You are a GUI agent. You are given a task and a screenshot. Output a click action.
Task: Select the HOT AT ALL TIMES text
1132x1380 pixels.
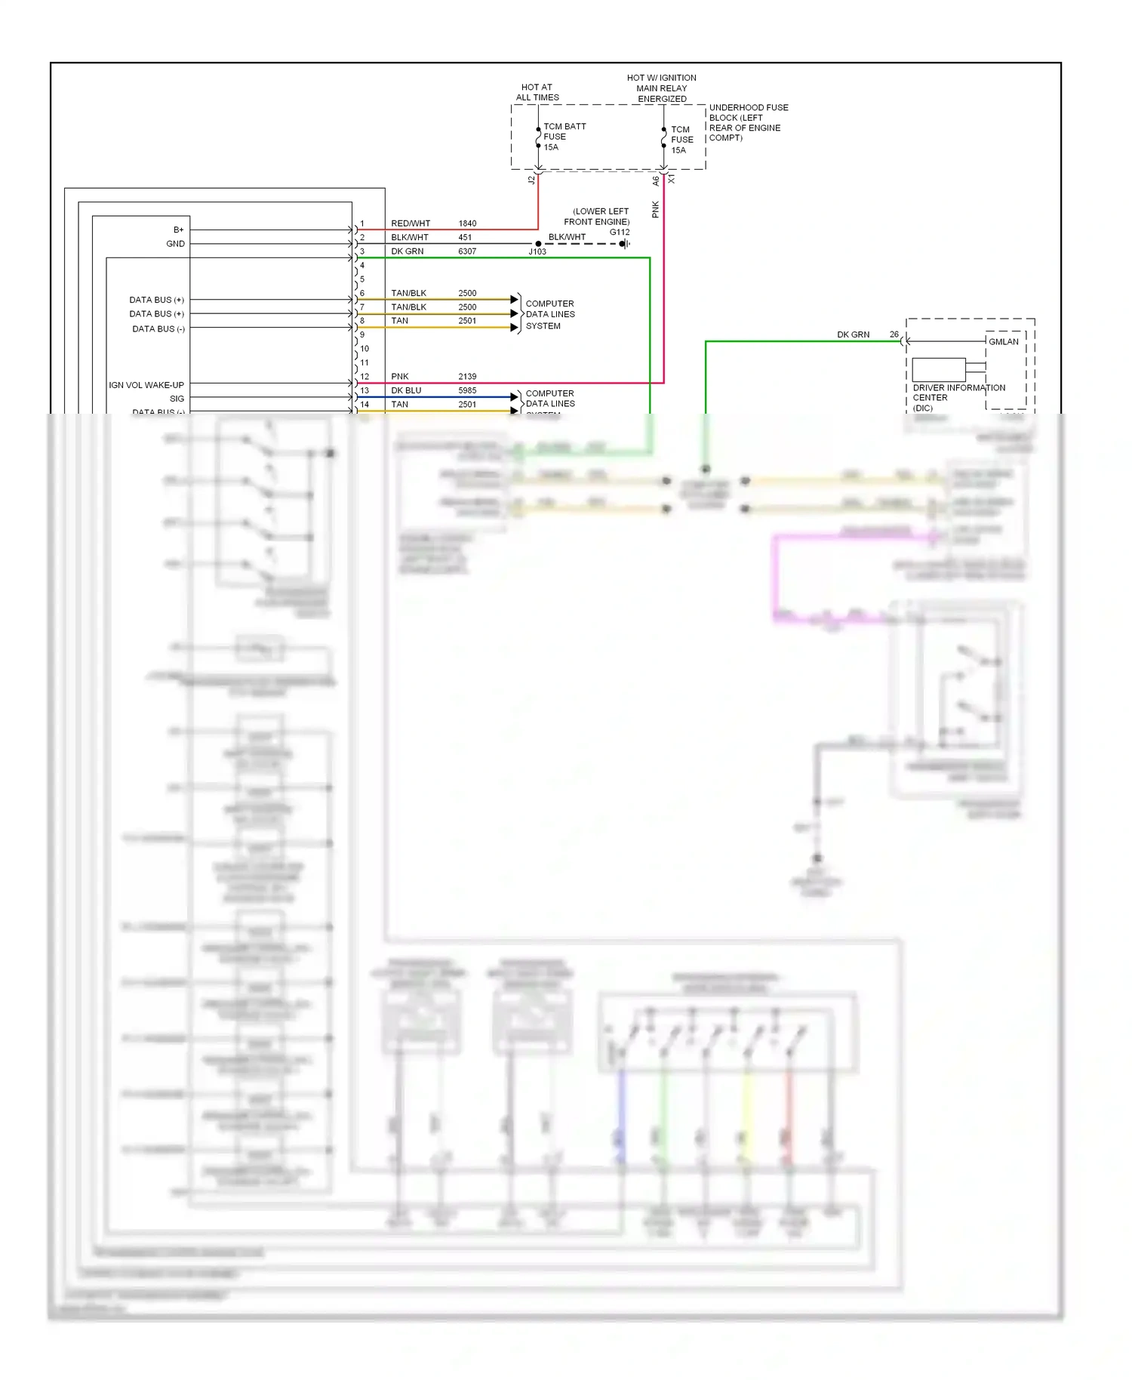point(537,92)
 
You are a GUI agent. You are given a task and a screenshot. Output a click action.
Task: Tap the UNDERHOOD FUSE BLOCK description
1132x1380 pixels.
point(747,122)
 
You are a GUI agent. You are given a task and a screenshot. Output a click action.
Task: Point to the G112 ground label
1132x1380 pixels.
point(620,232)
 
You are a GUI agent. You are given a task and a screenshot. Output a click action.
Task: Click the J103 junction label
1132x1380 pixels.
point(537,251)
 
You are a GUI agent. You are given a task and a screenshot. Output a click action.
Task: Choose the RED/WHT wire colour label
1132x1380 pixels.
point(411,223)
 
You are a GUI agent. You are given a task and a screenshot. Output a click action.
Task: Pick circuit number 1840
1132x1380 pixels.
point(467,223)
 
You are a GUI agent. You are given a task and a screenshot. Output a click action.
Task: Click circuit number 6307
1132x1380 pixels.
point(467,251)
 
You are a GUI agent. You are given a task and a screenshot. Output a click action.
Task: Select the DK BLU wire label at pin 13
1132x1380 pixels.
point(406,390)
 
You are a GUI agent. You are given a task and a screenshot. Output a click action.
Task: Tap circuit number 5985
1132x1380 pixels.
point(467,390)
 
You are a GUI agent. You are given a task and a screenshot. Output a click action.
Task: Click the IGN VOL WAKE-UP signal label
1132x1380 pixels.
point(146,385)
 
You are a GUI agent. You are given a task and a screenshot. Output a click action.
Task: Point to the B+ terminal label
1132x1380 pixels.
point(178,229)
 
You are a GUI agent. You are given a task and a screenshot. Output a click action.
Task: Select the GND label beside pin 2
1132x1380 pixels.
point(175,244)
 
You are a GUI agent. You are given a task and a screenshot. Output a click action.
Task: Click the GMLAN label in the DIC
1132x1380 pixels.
point(1004,342)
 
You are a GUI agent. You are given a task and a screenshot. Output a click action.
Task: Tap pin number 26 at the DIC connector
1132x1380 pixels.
point(894,334)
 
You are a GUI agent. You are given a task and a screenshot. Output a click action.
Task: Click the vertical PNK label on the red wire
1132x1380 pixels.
point(655,210)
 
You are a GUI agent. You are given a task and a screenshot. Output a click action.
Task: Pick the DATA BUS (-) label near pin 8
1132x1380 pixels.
point(158,329)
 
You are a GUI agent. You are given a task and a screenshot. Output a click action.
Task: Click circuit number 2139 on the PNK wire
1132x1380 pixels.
point(467,377)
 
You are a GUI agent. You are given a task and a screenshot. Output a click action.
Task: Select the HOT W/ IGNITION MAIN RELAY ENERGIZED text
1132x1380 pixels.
point(662,88)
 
